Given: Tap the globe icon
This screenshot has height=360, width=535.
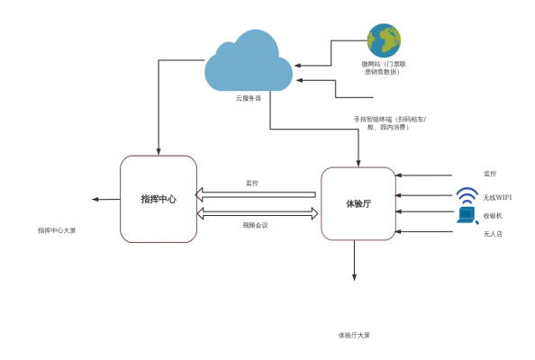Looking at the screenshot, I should click(x=384, y=40).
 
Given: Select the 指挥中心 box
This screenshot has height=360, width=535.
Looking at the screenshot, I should click(x=159, y=199).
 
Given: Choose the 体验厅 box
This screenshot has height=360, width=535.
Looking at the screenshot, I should click(x=358, y=203).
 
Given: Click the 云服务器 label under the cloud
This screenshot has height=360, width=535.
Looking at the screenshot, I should click(x=249, y=98).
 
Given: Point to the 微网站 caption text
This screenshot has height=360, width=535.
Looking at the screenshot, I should click(x=385, y=67).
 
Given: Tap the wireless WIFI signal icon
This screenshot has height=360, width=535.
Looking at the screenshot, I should click(x=467, y=195).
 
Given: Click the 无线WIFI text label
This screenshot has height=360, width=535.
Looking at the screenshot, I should click(x=497, y=197).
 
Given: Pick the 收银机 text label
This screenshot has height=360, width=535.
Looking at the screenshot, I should click(x=493, y=216).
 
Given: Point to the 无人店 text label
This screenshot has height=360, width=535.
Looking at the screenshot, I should click(x=493, y=234).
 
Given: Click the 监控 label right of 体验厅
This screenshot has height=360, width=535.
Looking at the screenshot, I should click(x=490, y=174).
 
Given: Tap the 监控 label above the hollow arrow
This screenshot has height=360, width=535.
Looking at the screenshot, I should click(x=252, y=183).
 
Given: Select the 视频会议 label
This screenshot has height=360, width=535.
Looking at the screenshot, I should click(x=255, y=225).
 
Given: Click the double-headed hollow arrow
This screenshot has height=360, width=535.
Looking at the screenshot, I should click(x=258, y=213).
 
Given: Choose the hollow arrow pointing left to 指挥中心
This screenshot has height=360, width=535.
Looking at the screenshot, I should click(x=256, y=194).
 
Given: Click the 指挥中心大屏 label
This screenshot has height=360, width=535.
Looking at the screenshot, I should click(x=57, y=230).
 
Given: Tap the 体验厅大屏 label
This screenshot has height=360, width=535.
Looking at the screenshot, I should click(x=354, y=335).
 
